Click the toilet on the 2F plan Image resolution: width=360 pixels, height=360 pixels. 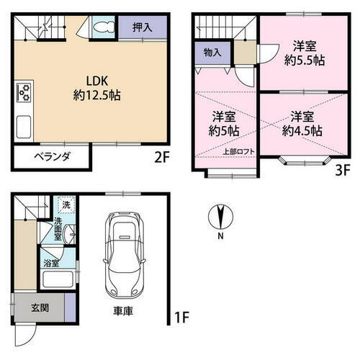coord(104,27)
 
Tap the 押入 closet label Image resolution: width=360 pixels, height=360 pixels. coord(143,27)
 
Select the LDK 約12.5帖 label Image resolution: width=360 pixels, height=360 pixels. coord(97,88)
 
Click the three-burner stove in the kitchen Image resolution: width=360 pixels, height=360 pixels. coord(24,92)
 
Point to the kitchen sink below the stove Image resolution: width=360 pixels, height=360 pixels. coord(24,127)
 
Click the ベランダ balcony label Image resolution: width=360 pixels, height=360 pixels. coord(52,157)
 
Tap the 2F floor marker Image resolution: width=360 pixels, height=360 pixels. coord(162,158)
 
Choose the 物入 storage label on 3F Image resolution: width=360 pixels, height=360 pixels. coord(212,53)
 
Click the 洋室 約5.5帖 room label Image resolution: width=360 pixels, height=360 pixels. coord(305,53)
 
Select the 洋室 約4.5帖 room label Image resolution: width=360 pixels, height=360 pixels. coord(302,124)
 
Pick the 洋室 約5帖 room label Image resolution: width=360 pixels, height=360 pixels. coord(224,124)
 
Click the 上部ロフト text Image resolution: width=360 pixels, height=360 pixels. coord(238,152)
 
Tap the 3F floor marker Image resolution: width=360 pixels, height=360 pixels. coord(343,171)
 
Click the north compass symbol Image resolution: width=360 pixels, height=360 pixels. coord(220,217)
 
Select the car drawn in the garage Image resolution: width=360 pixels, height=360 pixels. coord(125,255)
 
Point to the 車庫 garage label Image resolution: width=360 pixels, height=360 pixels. coord(123,311)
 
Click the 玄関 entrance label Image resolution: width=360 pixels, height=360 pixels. coord(40,307)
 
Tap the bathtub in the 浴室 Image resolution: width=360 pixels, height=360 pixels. coord(58,279)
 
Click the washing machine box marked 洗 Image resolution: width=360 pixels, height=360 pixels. coord(66,204)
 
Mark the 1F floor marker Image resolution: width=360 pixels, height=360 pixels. coord(181,318)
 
